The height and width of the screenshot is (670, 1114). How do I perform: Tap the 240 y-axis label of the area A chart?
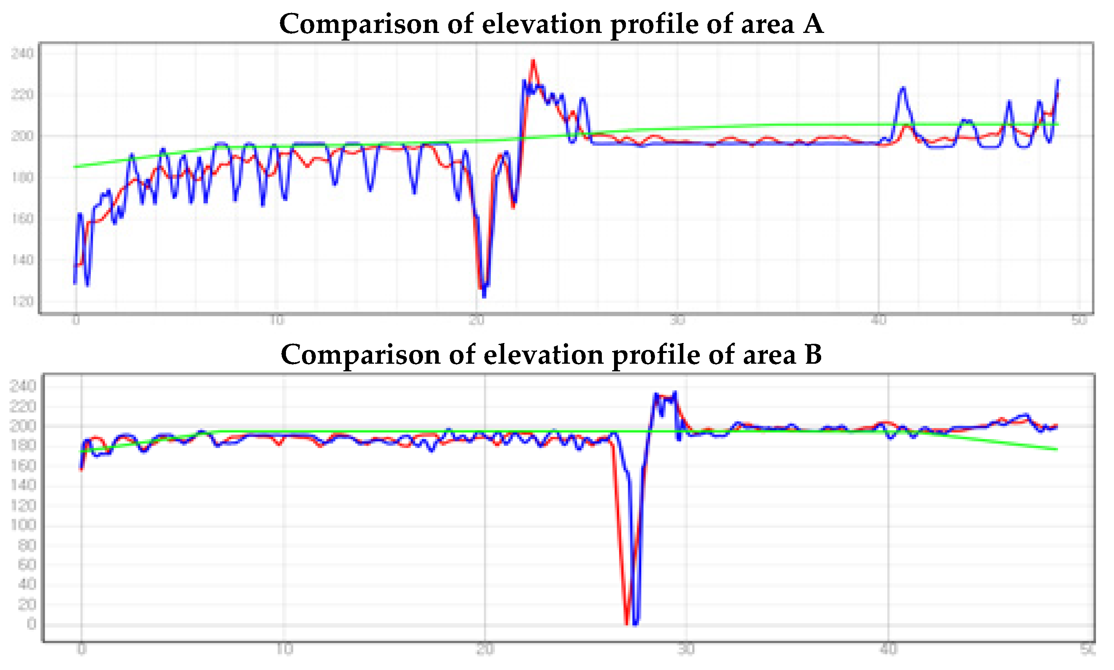click(22, 54)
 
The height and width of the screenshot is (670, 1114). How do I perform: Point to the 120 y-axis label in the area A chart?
click(22, 301)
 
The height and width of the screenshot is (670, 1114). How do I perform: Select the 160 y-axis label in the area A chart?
click(22, 219)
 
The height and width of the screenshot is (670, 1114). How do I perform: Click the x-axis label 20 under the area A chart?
click(476, 320)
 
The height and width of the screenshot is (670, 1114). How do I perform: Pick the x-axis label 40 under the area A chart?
click(879, 320)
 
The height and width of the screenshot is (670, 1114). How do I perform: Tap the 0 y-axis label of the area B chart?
click(31, 624)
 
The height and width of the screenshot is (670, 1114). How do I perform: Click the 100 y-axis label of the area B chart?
click(23, 525)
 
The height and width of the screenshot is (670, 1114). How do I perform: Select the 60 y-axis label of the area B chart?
click(27, 564)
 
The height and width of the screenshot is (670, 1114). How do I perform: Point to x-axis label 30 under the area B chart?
click(686, 649)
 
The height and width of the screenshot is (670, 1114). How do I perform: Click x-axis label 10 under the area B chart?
click(284, 649)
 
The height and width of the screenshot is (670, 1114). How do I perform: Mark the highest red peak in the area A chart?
click(533, 60)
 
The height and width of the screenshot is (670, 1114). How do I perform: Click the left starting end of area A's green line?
click(75, 167)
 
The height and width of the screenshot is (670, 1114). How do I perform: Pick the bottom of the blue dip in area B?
click(635, 624)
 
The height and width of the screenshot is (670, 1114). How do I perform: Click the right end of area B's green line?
click(1057, 449)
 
